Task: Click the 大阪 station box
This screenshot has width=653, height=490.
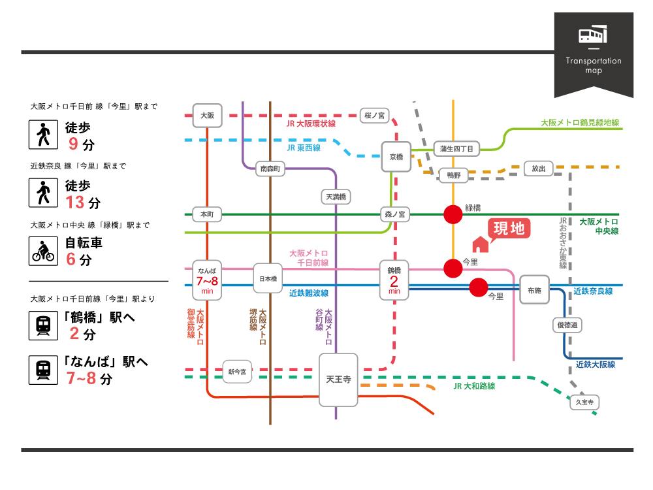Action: click(x=207, y=115)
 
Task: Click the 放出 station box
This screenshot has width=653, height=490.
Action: click(x=538, y=169)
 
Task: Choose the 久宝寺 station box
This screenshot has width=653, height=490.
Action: click(x=584, y=402)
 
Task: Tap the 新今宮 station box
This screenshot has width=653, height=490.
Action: click(x=237, y=372)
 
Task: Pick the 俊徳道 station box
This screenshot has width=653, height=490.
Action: click(x=567, y=325)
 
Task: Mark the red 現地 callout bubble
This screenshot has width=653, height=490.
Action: click(x=508, y=229)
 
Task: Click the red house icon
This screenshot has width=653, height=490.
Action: click(x=480, y=244)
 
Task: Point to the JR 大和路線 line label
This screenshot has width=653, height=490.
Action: click(x=474, y=386)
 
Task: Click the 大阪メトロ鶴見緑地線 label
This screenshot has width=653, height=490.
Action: click(x=580, y=122)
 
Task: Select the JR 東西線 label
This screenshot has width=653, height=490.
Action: click(x=304, y=148)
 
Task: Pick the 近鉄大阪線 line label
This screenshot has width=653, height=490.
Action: click(x=595, y=365)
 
